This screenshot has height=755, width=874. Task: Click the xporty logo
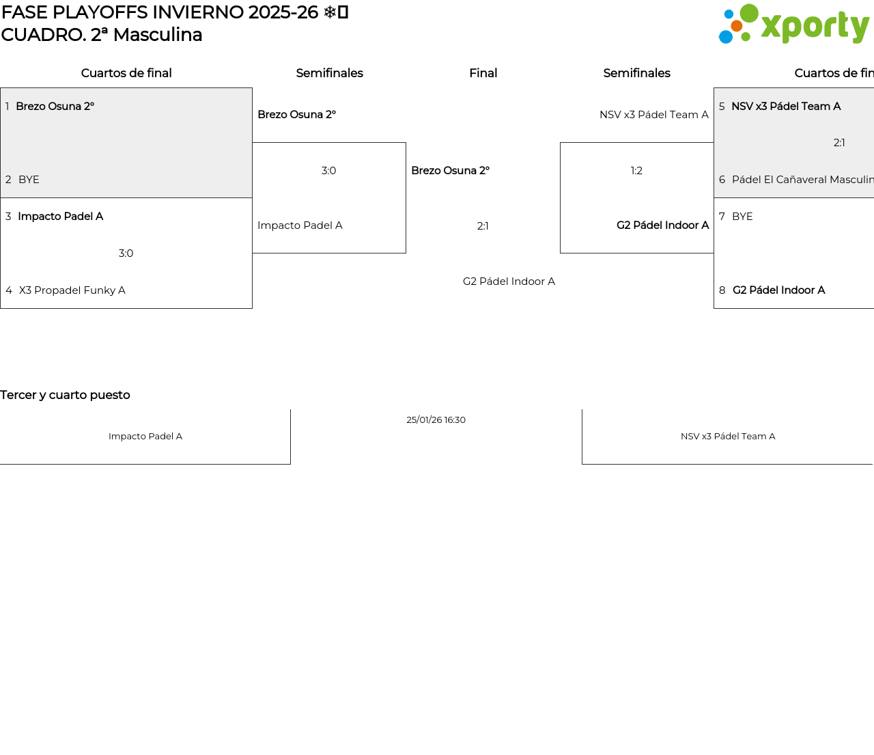click(x=793, y=24)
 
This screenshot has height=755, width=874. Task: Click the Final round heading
click(x=483, y=73)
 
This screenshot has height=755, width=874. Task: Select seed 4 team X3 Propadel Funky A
click(x=72, y=290)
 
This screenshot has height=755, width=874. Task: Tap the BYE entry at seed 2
click(x=29, y=180)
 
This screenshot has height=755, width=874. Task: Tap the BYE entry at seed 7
click(x=742, y=217)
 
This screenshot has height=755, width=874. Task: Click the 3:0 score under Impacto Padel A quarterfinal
click(x=126, y=253)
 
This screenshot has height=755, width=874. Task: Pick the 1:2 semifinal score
click(x=636, y=171)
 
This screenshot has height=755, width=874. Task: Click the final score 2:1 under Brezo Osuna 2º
click(x=483, y=226)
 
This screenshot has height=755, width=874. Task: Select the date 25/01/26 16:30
click(x=436, y=420)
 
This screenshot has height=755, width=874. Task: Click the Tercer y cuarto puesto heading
click(x=65, y=395)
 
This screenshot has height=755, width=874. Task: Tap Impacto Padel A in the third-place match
click(x=145, y=437)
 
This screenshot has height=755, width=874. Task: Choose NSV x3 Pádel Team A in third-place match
click(x=728, y=437)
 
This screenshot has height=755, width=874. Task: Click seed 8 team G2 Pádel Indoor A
click(x=778, y=290)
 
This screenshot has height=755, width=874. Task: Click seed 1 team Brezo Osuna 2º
click(x=55, y=106)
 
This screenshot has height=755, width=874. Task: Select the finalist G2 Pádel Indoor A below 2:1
click(x=509, y=282)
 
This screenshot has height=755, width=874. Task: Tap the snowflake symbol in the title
click(x=330, y=12)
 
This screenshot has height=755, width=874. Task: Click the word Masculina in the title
click(x=158, y=35)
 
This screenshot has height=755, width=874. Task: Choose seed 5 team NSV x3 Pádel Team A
click(x=786, y=106)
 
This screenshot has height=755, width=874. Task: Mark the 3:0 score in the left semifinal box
click(x=328, y=171)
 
